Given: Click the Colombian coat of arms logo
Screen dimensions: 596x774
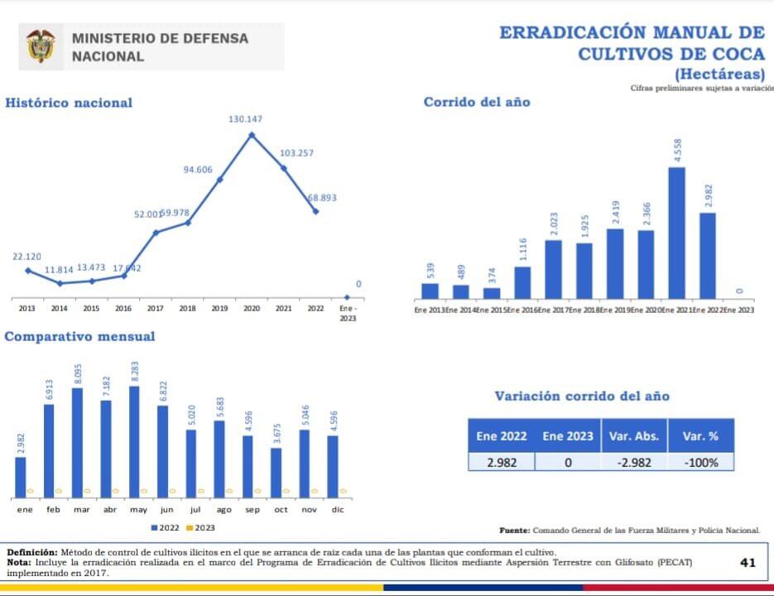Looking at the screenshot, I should (41, 47).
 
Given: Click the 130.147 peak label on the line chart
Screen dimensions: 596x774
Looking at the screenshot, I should (245, 120).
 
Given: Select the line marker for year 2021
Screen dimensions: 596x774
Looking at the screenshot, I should (284, 168).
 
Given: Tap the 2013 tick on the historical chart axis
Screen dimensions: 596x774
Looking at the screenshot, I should (27, 309).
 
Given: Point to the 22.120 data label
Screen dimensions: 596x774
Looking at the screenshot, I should (26, 257).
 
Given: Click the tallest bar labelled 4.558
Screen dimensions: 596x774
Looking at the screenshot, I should (676, 233).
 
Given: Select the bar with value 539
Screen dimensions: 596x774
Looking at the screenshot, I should (430, 291).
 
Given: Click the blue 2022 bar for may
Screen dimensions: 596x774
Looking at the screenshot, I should (134, 441).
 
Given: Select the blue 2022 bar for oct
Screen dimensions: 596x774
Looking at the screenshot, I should (276, 472).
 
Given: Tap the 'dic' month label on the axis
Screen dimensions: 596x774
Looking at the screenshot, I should (338, 510).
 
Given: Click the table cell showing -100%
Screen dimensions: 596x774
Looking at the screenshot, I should (700, 463).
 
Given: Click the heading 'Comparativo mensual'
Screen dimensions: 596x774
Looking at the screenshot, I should (79, 337).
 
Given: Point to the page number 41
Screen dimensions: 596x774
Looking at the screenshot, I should (748, 562).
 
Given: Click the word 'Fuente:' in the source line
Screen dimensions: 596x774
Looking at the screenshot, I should (514, 530).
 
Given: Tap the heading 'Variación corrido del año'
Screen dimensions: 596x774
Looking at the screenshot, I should (582, 397).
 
